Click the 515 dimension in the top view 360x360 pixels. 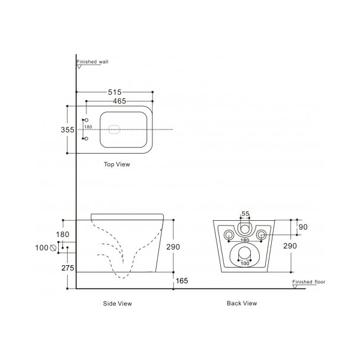[x=115, y=92]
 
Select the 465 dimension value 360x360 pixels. [x=119, y=101]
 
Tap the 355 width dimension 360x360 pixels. [x=67, y=130]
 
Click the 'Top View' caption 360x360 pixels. [x=117, y=164]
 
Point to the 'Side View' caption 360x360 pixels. [x=118, y=304]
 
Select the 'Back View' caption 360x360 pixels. [x=242, y=303]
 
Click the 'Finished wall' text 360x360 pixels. [x=92, y=62]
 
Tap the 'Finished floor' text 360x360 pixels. [x=309, y=282]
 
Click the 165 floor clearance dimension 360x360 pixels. [x=182, y=281]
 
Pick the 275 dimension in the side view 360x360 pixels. [x=68, y=268]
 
